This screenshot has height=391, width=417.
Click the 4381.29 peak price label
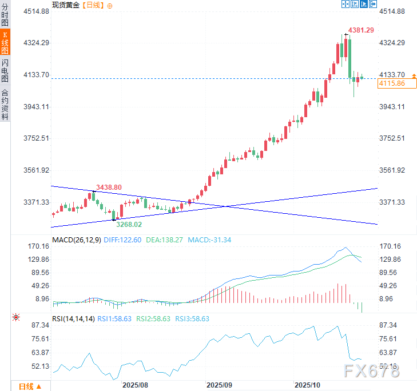click(362, 30)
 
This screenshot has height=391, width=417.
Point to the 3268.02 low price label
click(129, 225)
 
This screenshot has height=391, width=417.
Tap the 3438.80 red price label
click(109, 187)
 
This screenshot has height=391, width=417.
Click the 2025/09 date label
click(220, 385)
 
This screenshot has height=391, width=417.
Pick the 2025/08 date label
click(135, 385)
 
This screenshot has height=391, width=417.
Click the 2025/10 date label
click(308, 385)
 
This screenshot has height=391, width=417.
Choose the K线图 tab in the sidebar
click(5, 43)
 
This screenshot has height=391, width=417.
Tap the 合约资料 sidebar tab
click(5, 104)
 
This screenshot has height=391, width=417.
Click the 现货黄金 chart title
click(66, 5)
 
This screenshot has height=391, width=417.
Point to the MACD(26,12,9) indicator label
click(77, 240)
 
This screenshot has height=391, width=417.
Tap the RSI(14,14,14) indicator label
click(73, 319)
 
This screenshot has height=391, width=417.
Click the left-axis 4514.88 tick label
click(35, 11)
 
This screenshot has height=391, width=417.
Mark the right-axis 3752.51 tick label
click(392, 138)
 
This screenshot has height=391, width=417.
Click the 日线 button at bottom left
click(30, 386)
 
